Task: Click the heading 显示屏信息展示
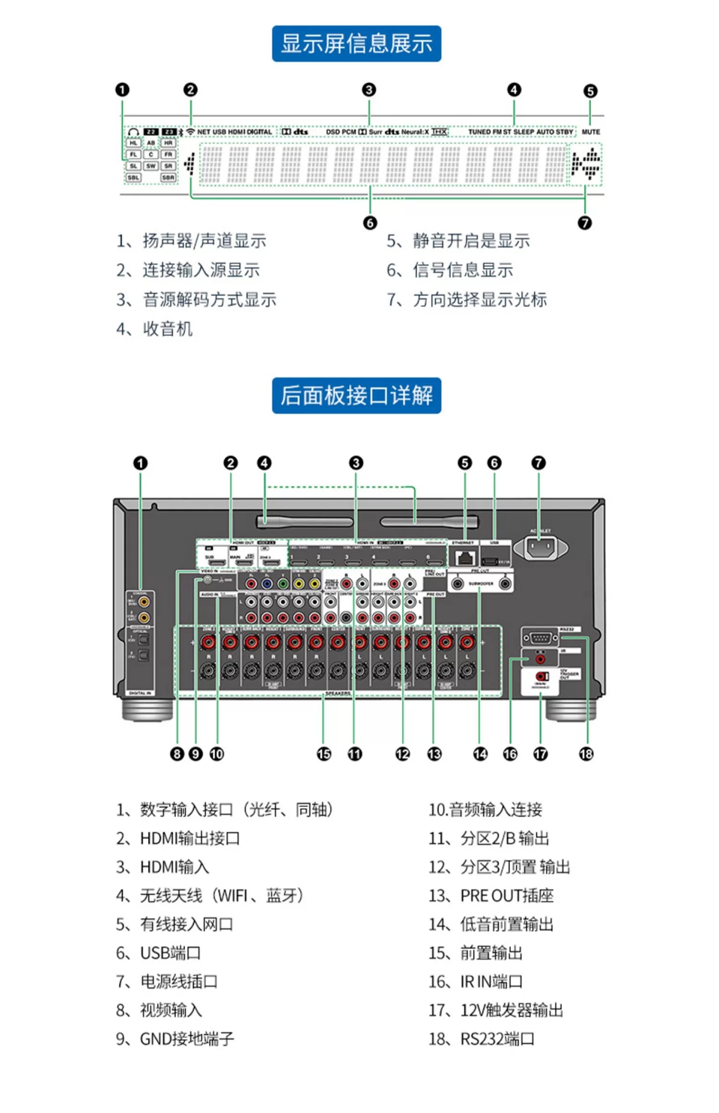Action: pos(357,43)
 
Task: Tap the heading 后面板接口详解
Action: pos(357,395)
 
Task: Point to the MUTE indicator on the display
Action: pos(590,132)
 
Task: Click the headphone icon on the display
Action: pos(133,132)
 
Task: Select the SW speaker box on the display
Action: pos(151,166)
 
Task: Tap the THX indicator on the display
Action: pos(440,132)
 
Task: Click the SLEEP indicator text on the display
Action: pos(524,132)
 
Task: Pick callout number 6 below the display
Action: pos(370,222)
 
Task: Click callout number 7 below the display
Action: pos(584,222)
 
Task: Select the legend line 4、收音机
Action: pos(154,329)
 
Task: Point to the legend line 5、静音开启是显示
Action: pos(458,240)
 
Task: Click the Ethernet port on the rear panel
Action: pos(466,557)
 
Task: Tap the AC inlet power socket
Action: pos(541,549)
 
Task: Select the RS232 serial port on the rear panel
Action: pos(540,638)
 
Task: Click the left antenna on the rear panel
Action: pos(304,521)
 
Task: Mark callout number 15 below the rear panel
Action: pos(324,753)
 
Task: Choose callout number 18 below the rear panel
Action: pos(586,753)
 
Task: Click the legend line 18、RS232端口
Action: pos(481,1039)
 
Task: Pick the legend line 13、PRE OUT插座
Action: pos(491,896)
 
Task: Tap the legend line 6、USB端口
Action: pos(158,953)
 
